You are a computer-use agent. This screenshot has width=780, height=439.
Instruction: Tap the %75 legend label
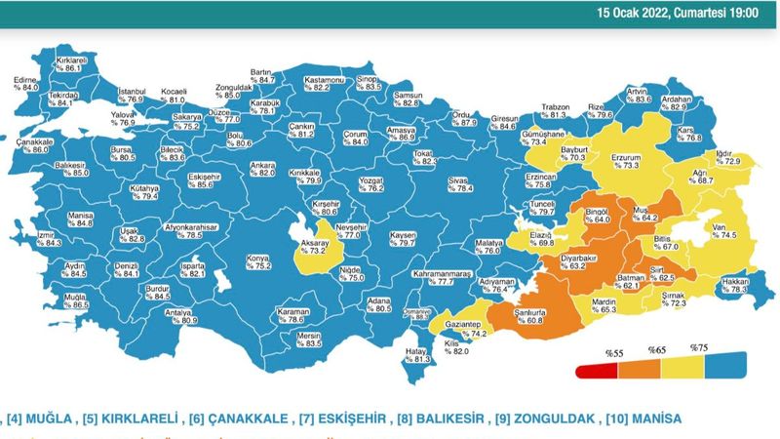coord(698,347)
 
